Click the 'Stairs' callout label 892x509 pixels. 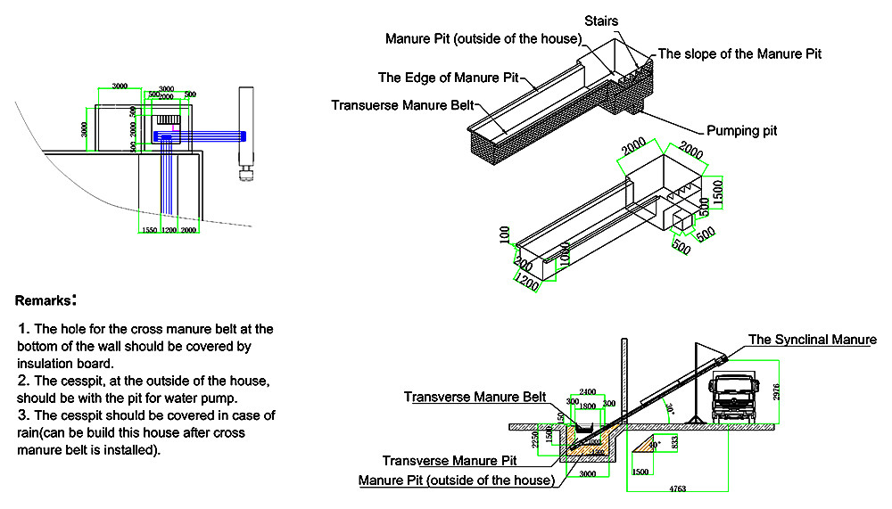(x=602, y=21)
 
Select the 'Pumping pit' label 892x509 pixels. (x=741, y=130)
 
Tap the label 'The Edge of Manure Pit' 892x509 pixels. (x=448, y=78)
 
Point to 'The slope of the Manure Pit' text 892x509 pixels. (x=739, y=53)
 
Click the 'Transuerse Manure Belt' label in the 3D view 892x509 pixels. (x=402, y=105)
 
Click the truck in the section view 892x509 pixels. (x=739, y=399)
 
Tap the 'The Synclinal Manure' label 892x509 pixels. (x=812, y=340)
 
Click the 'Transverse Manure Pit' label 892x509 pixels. (x=451, y=461)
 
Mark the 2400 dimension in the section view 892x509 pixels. (x=587, y=392)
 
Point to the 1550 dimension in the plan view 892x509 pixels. (x=149, y=231)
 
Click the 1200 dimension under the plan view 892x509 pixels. (x=169, y=231)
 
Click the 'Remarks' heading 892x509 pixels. (x=45, y=300)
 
